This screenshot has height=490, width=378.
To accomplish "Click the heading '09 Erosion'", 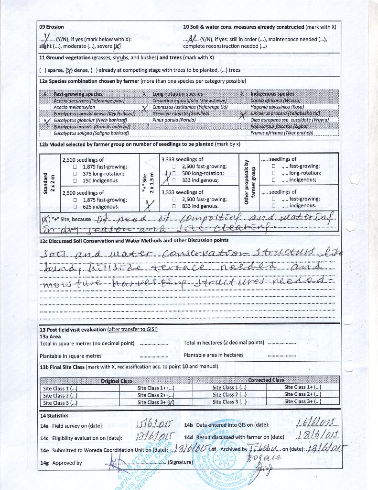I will tap(52, 27).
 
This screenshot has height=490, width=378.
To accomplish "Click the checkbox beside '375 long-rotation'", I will tap(75, 174).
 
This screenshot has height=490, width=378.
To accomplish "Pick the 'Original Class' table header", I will tap(116, 380).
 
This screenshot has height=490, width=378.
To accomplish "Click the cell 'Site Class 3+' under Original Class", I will tap(156, 402).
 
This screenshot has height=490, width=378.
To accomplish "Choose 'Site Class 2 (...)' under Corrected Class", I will tap(229, 395).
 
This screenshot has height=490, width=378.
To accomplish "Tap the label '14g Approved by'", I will tap(61, 463).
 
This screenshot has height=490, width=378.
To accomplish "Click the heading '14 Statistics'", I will tap(54, 416).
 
